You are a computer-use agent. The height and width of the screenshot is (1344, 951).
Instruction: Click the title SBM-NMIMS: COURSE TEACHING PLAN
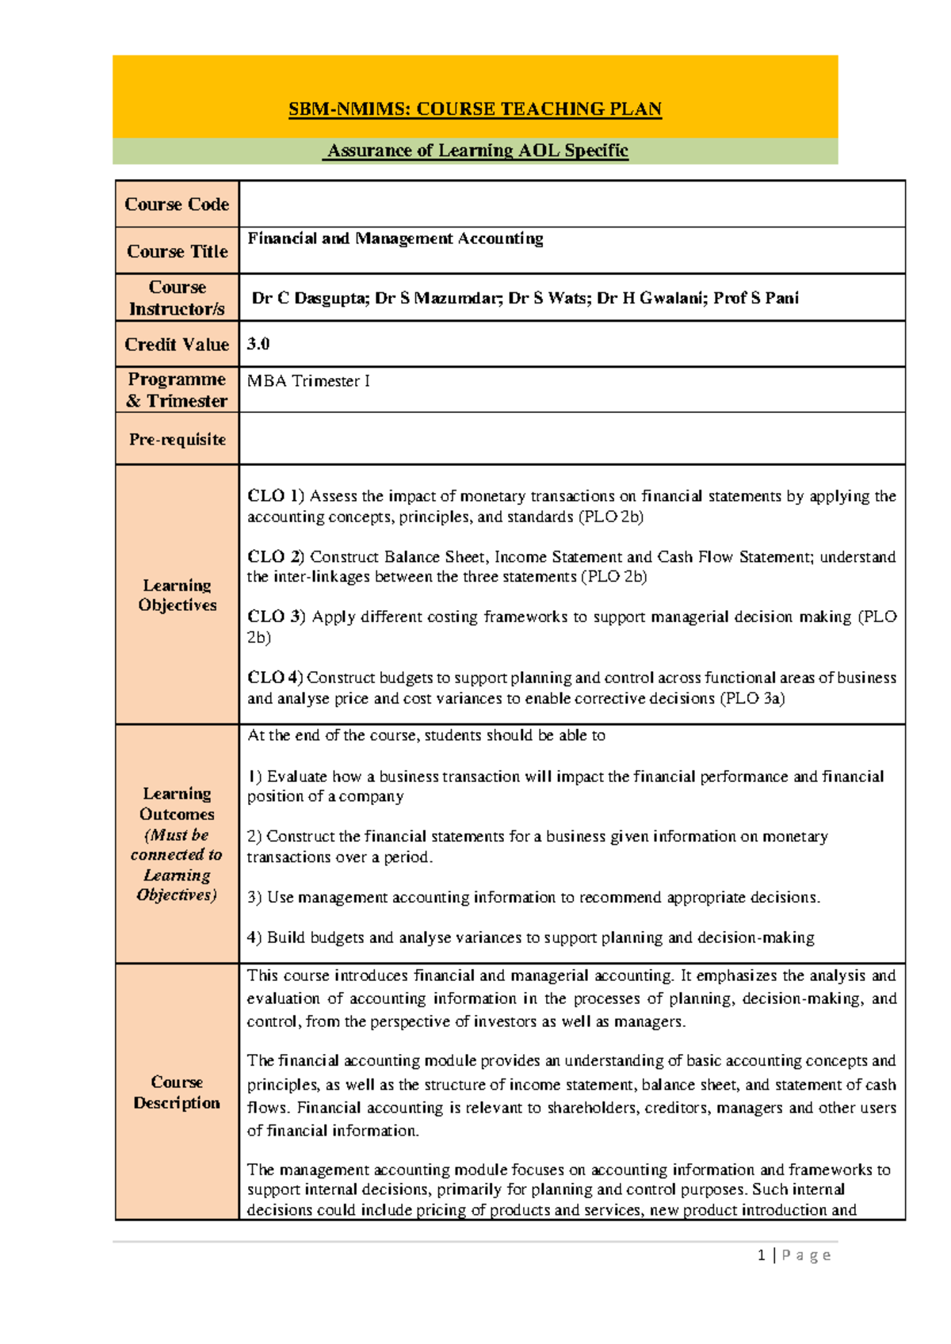click(x=475, y=109)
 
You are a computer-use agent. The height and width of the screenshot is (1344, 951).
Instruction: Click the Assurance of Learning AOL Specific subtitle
click(x=476, y=151)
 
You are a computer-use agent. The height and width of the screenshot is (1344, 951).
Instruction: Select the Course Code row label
click(x=177, y=204)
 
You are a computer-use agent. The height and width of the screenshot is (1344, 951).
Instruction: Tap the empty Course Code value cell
click(x=571, y=204)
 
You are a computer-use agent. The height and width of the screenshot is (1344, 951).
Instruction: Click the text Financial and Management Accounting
click(x=395, y=239)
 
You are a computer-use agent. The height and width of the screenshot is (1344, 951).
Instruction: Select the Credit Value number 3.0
click(x=258, y=344)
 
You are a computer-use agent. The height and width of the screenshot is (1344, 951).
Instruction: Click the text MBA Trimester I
click(x=308, y=381)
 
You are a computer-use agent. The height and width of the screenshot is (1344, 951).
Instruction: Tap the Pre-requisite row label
click(x=177, y=439)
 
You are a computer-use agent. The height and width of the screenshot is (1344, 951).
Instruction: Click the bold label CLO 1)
click(x=275, y=496)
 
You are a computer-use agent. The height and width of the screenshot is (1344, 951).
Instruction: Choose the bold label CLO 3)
click(x=275, y=617)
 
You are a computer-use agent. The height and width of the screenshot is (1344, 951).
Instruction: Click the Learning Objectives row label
click(x=177, y=595)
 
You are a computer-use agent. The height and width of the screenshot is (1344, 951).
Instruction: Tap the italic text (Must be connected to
click(x=177, y=845)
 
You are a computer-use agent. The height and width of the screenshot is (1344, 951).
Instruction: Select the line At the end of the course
click(x=426, y=735)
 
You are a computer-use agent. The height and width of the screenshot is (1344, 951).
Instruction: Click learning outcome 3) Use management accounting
click(x=533, y=897)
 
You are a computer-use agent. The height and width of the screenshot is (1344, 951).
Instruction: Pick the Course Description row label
click(x=177, y=1092)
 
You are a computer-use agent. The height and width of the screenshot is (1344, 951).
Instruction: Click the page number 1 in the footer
click(x=762, y=1254)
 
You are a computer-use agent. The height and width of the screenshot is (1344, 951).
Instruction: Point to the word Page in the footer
click(x=806, y=1254)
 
